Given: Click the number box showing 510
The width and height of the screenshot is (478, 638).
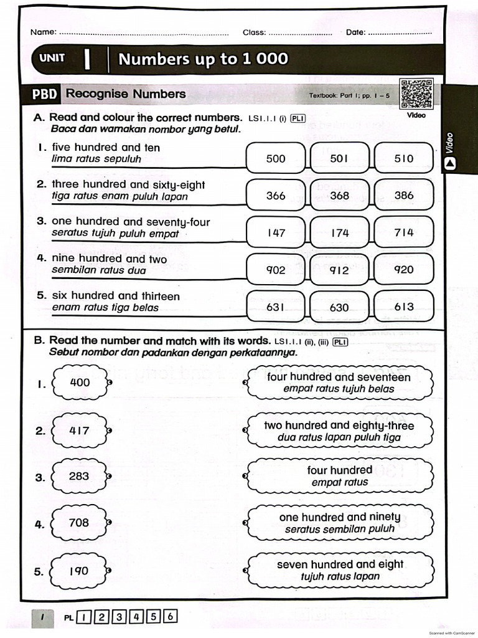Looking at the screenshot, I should pos(403,158).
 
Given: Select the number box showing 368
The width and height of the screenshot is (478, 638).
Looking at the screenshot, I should pos(339,196).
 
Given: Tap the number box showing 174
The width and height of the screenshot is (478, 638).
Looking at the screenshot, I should pos(339,233).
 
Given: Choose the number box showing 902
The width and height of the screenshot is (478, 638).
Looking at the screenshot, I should pos(275,270).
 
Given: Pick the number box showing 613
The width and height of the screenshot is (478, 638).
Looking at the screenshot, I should pos(403,307).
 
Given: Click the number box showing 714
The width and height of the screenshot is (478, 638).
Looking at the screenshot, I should pos(403,233).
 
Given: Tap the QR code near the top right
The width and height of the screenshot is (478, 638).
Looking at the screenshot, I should pos(416,95).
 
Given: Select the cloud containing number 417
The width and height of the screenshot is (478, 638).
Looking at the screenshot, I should pos(79,431).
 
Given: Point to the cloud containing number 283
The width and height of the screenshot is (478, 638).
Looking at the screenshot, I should pos(79,477).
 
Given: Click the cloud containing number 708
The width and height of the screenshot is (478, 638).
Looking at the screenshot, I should pos(79,523).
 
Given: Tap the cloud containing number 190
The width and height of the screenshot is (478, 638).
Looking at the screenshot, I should pos(79,571).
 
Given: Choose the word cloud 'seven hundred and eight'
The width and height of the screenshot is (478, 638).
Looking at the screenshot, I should pos(340,570).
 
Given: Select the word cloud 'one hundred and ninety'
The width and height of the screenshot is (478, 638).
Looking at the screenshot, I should pos(340,523).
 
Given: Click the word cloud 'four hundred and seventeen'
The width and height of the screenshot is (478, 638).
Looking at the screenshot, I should pos(339,383).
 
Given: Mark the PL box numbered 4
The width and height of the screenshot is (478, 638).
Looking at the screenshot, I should pos(135,617).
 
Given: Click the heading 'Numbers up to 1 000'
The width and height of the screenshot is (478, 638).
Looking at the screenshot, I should pos(203,59).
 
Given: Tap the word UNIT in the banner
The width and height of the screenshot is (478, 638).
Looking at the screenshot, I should pos(52,59).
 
